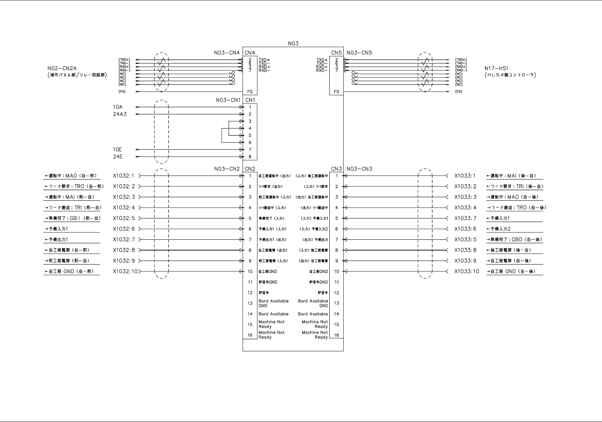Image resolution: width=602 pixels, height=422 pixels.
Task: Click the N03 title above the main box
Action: tap(293, 43)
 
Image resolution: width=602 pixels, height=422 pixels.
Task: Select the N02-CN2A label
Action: tap(62, 69)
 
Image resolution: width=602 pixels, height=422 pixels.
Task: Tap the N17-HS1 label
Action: tap(496, 69)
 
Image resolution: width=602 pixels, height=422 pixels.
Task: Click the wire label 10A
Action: tap(118, 107)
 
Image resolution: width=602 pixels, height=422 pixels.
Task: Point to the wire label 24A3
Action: tap(120, 114)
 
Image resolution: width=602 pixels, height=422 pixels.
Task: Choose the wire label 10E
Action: tap(118, 150)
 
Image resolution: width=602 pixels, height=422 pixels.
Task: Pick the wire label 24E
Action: tap(118, 157)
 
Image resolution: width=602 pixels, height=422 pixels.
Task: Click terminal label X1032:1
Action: tap(124, 176)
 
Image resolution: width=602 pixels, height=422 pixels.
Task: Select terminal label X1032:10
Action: tap(125, 271)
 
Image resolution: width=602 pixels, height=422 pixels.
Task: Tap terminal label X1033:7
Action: tap(465, 218)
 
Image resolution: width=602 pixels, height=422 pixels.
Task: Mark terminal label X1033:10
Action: tap(467, 271)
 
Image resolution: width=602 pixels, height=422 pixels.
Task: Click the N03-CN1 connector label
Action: tap(228, 100)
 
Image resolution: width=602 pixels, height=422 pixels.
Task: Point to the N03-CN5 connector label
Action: tap(359, 53)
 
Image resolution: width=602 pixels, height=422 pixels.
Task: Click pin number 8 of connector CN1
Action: tap(250, 157)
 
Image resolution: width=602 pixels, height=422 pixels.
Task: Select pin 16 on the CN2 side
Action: tap(250, 335)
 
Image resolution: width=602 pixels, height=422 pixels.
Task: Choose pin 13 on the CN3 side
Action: tap(337, 304)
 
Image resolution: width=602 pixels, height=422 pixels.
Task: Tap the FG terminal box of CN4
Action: tap(250, 92)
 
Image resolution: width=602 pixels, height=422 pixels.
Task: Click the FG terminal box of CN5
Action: tap(337, 92)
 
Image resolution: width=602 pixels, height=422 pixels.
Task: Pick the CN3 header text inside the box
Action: tap(337, 169)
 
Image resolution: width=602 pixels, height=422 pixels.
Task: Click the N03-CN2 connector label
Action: tap(227, 169)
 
